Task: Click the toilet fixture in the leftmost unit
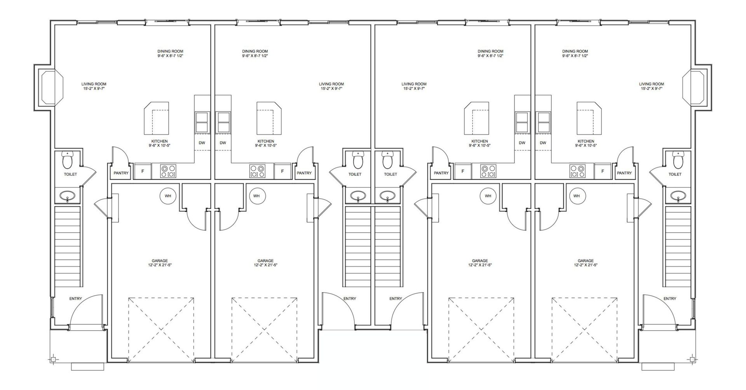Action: point(68,159)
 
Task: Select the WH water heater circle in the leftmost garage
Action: point(168,196)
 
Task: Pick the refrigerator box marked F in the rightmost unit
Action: point(603,171)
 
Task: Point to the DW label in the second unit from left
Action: point(223,143)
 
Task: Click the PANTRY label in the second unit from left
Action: point(304,173)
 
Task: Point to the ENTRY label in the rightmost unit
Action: point(670,299)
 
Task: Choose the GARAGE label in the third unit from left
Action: point(480,261)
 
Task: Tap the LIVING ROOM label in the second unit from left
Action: point(331,84)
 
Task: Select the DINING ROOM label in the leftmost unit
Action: point(170,51)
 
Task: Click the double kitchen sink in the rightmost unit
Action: point(543,122)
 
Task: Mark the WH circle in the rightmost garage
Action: point(577,196)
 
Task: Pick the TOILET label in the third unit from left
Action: point(390,174)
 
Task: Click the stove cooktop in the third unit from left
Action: point(488,171)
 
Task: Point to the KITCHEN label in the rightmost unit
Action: point(586,141)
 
